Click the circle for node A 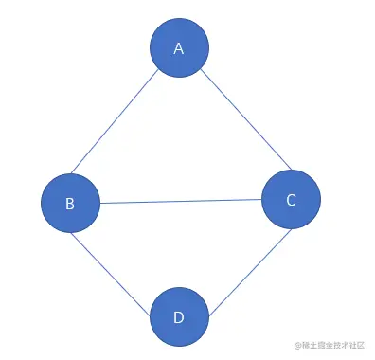tap(179, 46)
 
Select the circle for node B tap(70, 203)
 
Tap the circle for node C tap(291, 198)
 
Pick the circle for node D tap(179, 316)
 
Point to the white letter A tap(179, 47)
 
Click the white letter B tap(70, 204)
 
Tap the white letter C tap(291, 199)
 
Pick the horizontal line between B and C tap(180, 201)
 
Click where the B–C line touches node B tap(100, 203)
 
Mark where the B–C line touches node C tap(261, 199)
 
